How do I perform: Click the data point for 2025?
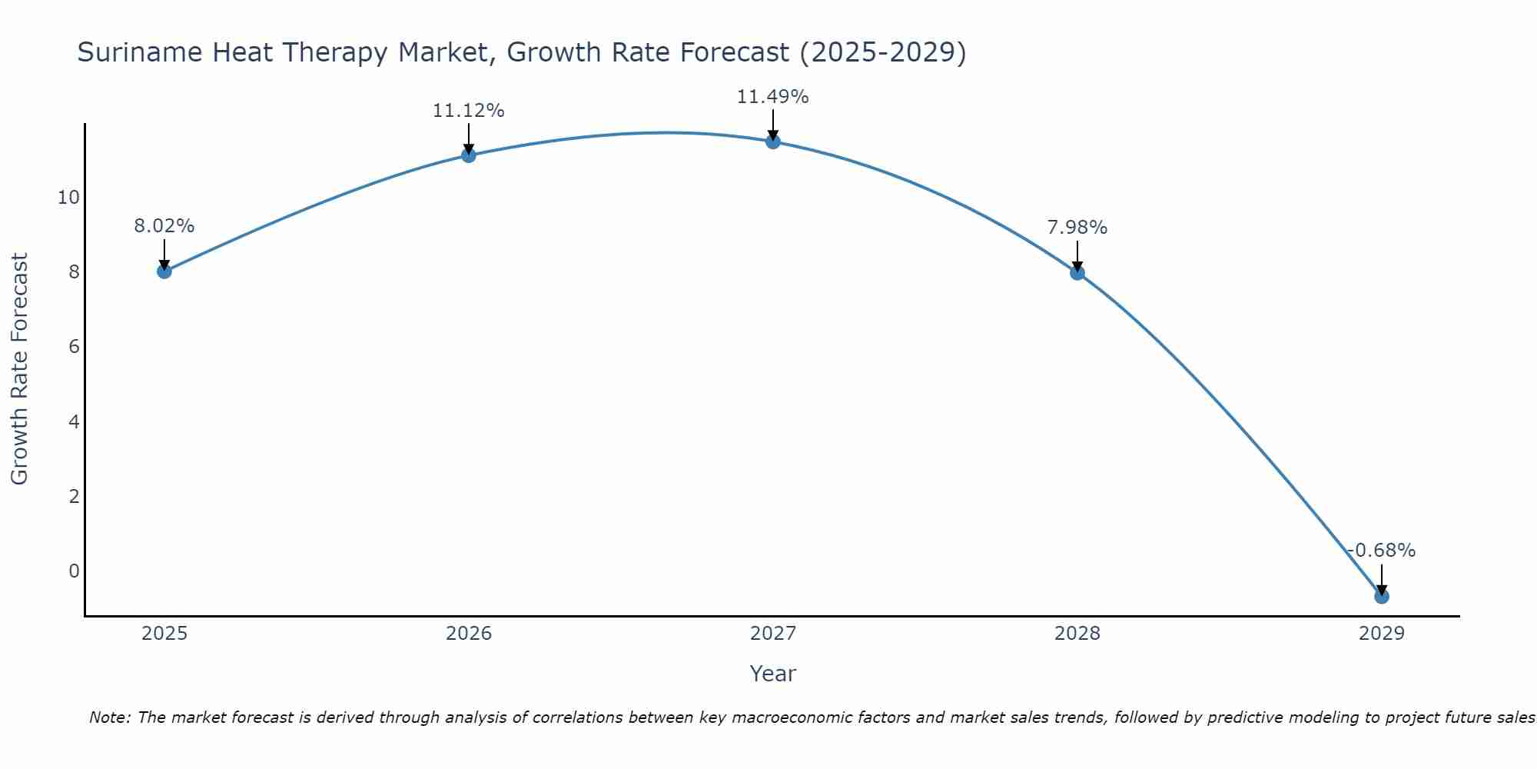point(164,271)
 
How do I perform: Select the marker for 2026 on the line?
point(468,155)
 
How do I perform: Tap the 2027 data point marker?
point(772,141)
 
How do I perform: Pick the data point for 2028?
point(1077,272)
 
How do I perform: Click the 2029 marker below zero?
point(1381,596)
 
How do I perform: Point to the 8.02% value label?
point(164,226)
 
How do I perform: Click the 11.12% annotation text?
point(468,111)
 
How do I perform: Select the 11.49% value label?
point(772,97)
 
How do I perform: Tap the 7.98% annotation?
point(1077,228)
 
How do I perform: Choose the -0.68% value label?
point(1381,551)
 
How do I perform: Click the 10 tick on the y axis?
point(68,198)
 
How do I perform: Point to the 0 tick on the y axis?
point(74,571)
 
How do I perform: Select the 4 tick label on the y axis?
point(74,421)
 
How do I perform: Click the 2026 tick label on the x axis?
point(468,634)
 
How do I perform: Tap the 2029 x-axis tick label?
point(1381,634)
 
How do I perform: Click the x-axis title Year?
point(772,674)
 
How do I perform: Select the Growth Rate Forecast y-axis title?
point(19,369)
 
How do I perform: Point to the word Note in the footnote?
point(109,717)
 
